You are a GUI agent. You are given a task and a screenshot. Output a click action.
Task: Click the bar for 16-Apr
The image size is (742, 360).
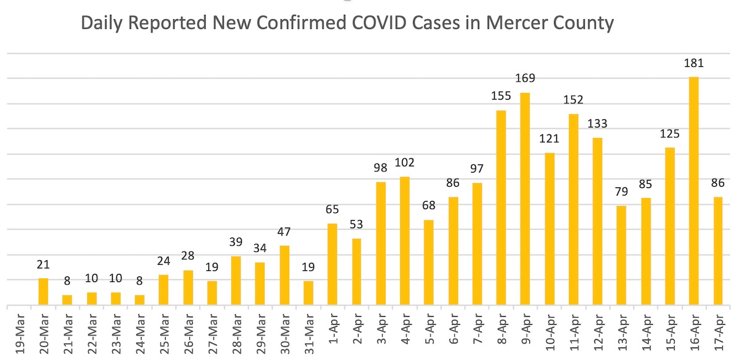(694, 191)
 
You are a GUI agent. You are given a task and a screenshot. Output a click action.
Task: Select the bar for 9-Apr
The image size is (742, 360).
(525, 199)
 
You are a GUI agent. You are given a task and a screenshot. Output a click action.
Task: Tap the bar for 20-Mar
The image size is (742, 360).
(43, 292)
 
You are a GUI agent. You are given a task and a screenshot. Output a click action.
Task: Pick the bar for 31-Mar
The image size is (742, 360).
(309, 293)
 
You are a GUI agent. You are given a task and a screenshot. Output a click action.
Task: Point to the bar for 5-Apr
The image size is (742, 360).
(429, 263)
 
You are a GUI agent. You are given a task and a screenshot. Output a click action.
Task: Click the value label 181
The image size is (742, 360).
(694, 63)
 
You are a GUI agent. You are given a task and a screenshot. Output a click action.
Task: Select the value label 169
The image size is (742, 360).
(525, 79)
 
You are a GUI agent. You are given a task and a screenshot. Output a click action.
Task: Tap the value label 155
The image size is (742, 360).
(501, 96)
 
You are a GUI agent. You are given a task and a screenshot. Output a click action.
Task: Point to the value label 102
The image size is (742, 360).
(404, 163)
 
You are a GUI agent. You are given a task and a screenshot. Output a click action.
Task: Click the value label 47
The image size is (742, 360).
(284, 232)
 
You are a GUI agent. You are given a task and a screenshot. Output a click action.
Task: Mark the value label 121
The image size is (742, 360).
(549, 139)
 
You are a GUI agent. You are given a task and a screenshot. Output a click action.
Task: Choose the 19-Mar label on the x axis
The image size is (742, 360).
(19, 334)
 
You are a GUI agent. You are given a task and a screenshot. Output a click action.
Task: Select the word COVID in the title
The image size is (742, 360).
(369, 24)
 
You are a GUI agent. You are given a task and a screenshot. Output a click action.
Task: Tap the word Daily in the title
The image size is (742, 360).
(103, 24)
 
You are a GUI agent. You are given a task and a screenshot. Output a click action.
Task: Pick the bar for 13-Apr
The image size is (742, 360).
(621, 256)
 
